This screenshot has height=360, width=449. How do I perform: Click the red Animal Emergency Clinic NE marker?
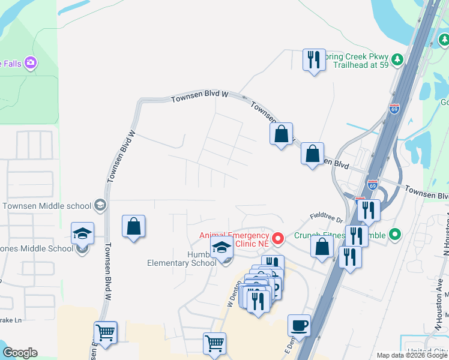point(278,239)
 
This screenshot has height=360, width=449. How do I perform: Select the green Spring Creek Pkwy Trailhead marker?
point(396,59)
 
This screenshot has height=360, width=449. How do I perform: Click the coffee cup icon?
point(299,326)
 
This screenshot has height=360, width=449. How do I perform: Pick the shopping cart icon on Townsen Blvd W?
point(106,332)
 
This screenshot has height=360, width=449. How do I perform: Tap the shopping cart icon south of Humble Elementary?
point(214,344)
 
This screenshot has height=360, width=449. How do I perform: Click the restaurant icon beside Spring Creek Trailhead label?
point(314,60)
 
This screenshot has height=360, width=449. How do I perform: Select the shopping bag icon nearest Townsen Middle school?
point(134,227)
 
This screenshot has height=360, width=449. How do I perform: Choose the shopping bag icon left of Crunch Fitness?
point(322,247)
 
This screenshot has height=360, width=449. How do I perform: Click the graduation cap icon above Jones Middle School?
point(83,233)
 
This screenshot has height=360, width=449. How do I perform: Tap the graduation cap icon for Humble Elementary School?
point(221,247)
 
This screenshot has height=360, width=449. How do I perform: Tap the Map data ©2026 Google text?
point(411,355)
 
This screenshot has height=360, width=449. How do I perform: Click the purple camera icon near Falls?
point(31,62)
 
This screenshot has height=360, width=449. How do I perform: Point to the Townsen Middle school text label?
point(47,206)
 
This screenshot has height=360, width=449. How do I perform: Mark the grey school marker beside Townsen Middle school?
point(100,206)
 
